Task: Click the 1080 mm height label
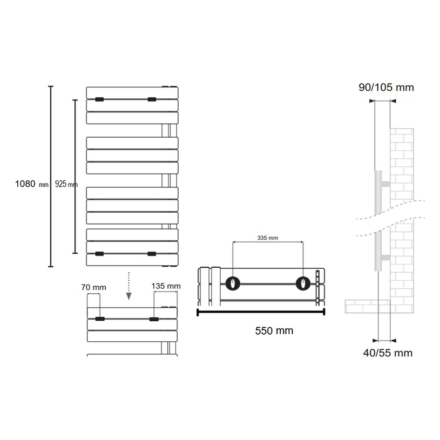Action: tap(32, 184)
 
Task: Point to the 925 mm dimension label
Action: tap(66, 184)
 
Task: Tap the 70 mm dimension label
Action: tap(94, 287)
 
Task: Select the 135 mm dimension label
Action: tap(166, 286)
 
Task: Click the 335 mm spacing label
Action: tap(268, 238)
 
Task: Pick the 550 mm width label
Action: tap(274, 330)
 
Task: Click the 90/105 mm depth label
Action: tap(386, 87)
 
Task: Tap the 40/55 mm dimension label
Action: tap(388, 353)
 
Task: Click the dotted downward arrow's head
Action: tap(129, 296)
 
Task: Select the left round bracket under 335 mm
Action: tap(233, 283)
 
